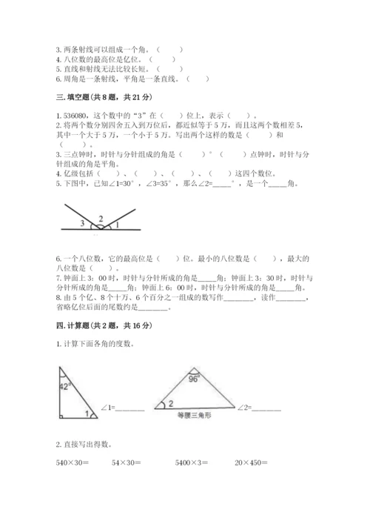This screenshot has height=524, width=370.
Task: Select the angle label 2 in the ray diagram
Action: [x=101, y=218]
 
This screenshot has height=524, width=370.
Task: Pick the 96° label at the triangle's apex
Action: [x=194, y=376]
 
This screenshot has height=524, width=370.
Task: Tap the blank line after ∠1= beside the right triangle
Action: [x=130, y=408]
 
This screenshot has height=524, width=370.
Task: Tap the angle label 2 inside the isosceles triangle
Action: [x=170, y=403]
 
